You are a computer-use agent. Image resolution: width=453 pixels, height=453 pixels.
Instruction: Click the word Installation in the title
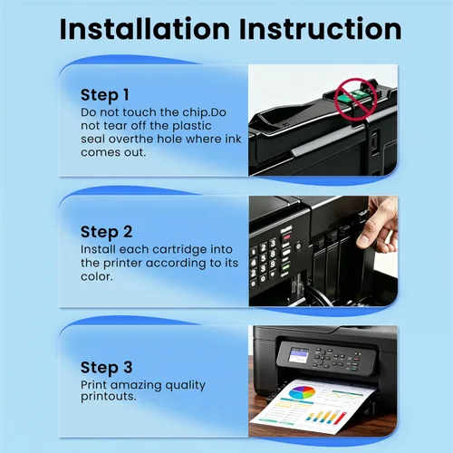point(145,29)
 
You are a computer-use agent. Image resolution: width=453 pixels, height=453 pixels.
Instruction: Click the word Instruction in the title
point(321,29)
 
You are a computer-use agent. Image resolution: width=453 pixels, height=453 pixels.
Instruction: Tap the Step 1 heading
point(105,95)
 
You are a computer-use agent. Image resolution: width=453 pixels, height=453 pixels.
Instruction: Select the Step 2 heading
point(106,232)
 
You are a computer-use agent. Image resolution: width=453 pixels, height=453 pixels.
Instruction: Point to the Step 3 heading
point(106,368)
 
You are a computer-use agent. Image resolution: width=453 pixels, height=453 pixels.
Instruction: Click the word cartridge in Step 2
point(180,250)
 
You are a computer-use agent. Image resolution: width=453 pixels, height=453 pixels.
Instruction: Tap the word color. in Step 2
point(97,276)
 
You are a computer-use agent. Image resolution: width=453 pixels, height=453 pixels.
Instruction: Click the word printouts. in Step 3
point(109,397)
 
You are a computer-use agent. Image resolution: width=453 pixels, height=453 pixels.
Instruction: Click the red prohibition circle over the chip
point(356,99)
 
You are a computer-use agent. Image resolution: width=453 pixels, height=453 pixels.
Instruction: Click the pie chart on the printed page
point(302,393)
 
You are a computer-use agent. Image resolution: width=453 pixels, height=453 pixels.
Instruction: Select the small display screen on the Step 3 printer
point(299,355)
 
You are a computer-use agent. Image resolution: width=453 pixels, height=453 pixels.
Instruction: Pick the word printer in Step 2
point(122,264)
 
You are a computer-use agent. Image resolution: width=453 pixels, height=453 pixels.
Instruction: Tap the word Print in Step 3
point(93,385)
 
